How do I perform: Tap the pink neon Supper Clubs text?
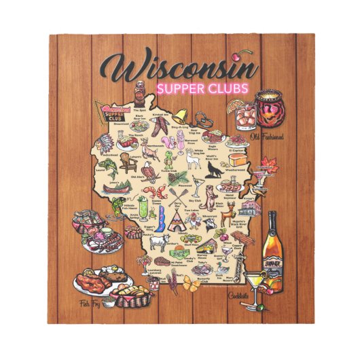[x=202, y=88]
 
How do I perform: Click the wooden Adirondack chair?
[x=127, y=162]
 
